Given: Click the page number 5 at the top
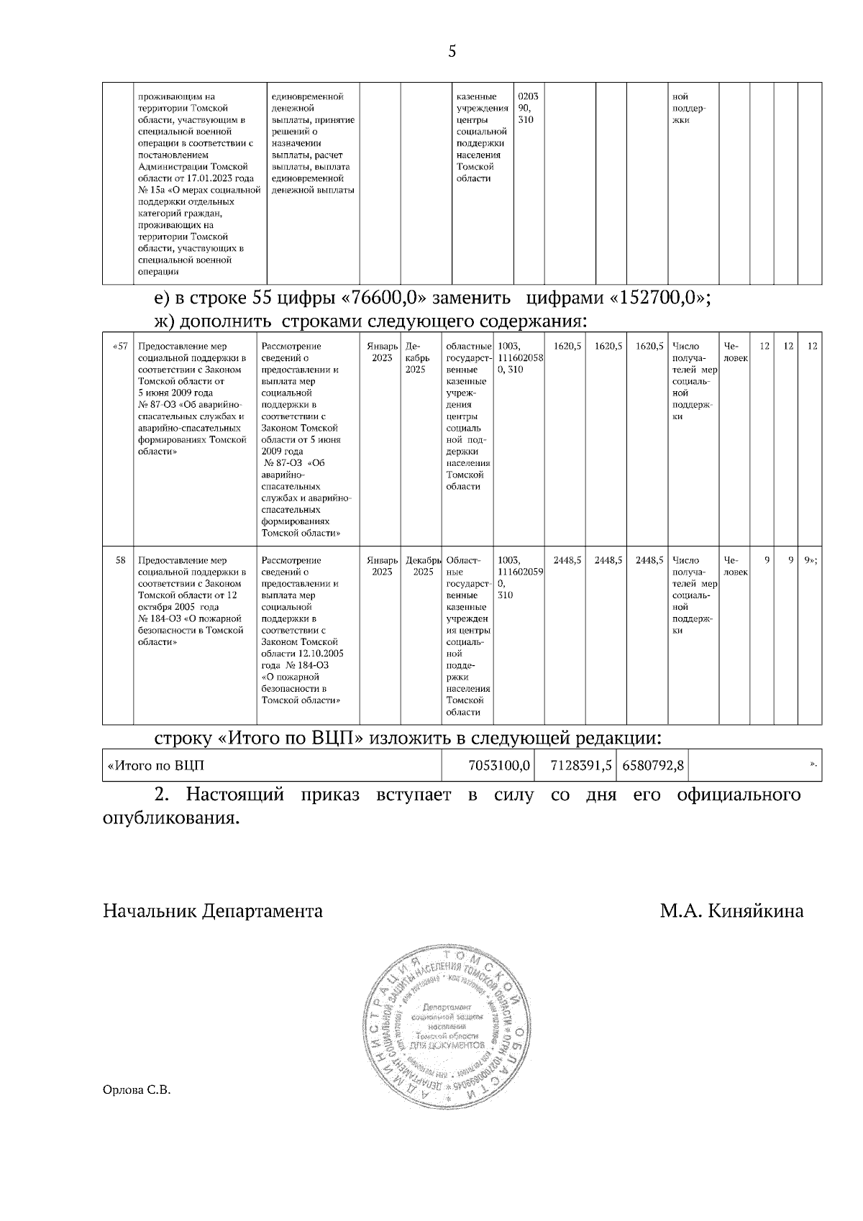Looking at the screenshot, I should [x=452, y=51].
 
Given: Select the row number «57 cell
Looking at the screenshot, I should [x=120, y=347].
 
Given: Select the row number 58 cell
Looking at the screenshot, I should [x=121, y=560].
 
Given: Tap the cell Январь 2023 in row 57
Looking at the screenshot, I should [x=382, y=352].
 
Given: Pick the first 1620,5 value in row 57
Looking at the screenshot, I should [x=567, y=347].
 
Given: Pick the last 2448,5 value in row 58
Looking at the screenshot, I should [x=649, y=560].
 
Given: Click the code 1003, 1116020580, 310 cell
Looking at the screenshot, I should [x=519, y=357].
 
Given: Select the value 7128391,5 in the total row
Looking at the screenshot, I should [x=580, y=765].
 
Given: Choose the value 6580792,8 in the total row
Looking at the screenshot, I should [x=652, y=765].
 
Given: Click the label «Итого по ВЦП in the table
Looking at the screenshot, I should [x=155, y=765].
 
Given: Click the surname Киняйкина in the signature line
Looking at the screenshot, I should [x=756, y=911].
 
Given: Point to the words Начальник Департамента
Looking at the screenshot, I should [x=213, y=911].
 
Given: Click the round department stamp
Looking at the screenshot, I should [x=447, y=1032].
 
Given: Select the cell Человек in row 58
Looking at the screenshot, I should [x=735, y=566].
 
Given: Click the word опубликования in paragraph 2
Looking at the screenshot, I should [x=170, y=818].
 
